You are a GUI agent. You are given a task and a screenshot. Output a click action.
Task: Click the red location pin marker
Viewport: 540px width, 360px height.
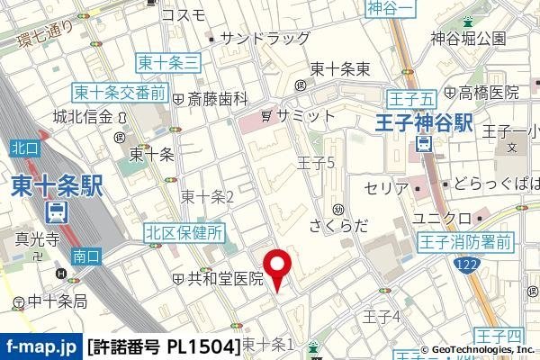pos(278,266)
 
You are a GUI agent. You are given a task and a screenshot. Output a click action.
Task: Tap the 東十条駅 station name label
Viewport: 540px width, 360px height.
pos(58,186)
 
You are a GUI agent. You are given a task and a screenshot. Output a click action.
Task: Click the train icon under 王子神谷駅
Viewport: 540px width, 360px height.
pos(424,144)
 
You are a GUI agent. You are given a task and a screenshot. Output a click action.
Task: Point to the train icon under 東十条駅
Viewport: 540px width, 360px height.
pos(57,213)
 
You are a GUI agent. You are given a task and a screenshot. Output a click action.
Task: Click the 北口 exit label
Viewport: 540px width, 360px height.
pos(23,147)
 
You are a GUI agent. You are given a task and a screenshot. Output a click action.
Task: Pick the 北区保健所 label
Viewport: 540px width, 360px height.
pos(184,233)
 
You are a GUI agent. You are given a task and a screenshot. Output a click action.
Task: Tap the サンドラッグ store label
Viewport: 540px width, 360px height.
pos(265,39)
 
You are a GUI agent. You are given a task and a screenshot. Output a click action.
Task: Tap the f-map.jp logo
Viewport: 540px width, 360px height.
pos(40,346)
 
